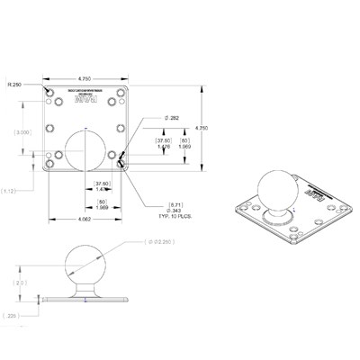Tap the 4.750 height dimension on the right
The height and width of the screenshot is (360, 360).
pos(202,129)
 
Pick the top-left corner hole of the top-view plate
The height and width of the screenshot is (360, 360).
pos(47,90)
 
